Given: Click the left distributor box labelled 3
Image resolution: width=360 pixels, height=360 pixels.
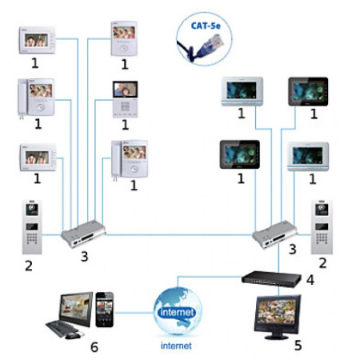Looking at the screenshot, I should pos(82,234).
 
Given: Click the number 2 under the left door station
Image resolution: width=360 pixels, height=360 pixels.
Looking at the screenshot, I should pos(29,264).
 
